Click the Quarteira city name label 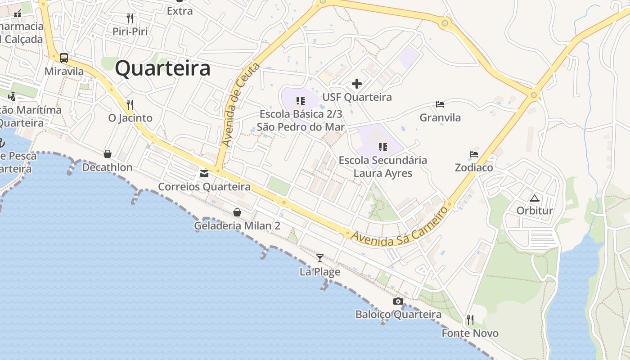pyautogui.click(x=162, y=68)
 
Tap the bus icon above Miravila pyautogui.click(x=64, y=58)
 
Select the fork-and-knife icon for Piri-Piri pyautogui.click(x=130, y=18)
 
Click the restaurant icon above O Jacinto pyautogui.click(x=130, y=105)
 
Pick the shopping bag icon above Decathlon pyautogui.click(x=108, y=154)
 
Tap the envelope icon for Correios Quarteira pyautogui.click(x=204, y=173)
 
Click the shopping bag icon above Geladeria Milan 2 pyautogui.click(x=237, y=212)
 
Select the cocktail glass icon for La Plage pyautogui.click(x=320, y=258)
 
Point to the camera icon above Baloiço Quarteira pyautogui.click(x=398, y=301)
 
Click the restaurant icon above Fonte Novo pyautogui.click(x=470, y=320)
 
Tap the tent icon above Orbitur pyautogui.click(x=535, y=198)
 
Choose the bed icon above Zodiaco pyautogui.click(x=474, y=154)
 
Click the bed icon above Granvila pyautogui.click(x=440, y=104)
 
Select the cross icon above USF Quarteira pyautogui.click(x=357, y=84)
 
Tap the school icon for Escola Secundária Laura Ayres pyautogui.click(x=383, y=147)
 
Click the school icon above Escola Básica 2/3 pyautogui.click(x=301, y=101)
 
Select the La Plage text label pyautogui.click(x=320, y=272)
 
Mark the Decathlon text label pyautogui.click(x=107, y=167)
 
